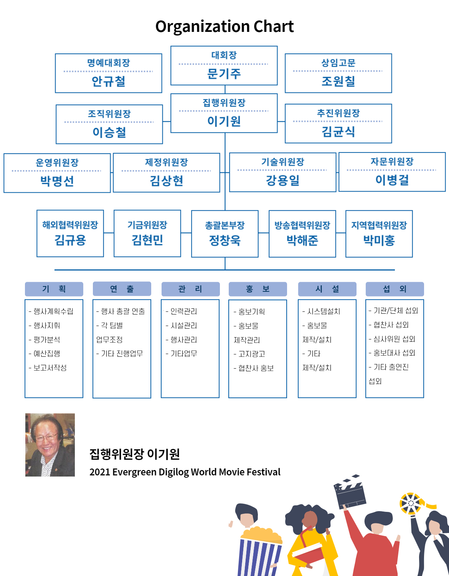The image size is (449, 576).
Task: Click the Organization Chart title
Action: pyautogui.click(x=225, y=27)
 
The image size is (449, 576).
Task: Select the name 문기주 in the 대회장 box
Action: pyautogui.click(x=224, y=73)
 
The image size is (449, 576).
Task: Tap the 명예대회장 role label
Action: pyautogui.click(x=109, y=63)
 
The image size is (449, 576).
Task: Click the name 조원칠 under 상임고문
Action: pyautogui.click(x=338, y=81)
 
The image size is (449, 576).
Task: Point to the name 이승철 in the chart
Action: pyautogui.click(x=109, y=132)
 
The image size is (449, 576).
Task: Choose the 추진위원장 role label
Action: pyautogui.click(x=338, y=113)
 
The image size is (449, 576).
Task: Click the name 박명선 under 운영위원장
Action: pyautogui.click(x=57, y=181)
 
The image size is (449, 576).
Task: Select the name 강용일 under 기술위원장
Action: pyautogui.click(x=283, y=180)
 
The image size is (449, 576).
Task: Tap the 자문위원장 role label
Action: pyautogui.click(x=392, y=161)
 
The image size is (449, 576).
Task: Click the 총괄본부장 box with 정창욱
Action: pyautogui.click(x=225, y=233)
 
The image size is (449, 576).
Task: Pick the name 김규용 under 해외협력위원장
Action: pyautogui.click(x=70, y=240)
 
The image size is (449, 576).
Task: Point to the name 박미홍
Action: pyautogui.click(x=379, y=240)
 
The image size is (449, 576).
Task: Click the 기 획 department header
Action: pyautogui.click(x=54, y=289)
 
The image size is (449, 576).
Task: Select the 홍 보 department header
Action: pyautogui.click(x=258, y=289)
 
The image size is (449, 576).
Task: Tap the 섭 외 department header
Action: pyautogui.click(x=395, y=289)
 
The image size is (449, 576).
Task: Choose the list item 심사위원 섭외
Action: pyautogui.click(x=392, y=339)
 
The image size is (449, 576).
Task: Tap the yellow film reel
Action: pyautogui.click(x=411, y=503)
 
